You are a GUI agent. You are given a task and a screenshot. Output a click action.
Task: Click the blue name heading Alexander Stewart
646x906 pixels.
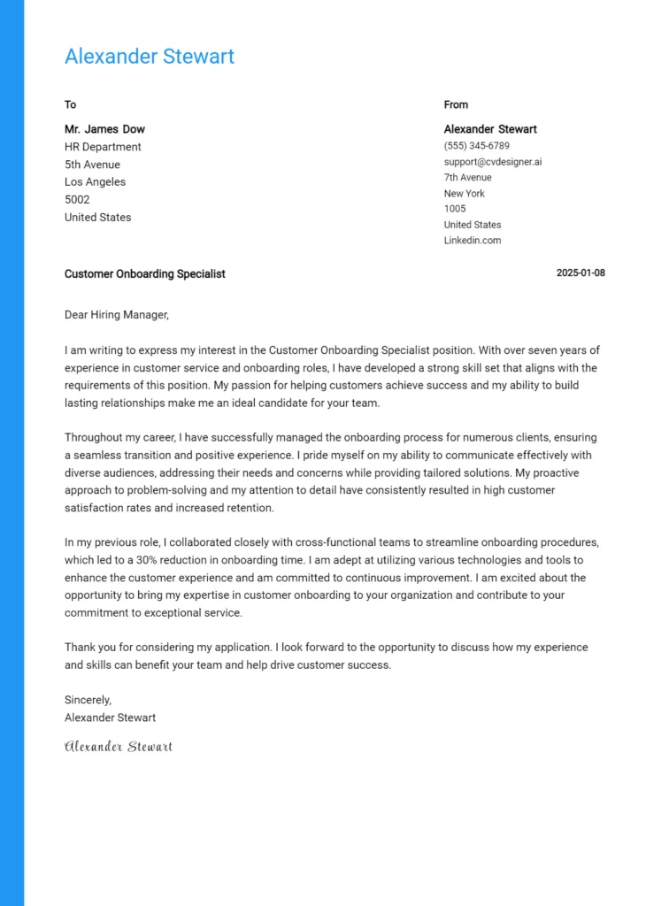coord(149,57)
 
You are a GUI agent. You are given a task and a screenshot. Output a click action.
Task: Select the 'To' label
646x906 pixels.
coord(70,104)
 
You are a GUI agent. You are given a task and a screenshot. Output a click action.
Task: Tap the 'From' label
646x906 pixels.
coord(456,104)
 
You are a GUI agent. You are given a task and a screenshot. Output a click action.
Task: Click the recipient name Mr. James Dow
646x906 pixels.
coord(104,129)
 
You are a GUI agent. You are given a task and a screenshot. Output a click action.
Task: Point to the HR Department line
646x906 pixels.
coord(103,147)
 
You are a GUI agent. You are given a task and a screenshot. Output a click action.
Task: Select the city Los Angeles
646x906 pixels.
coord(95,182)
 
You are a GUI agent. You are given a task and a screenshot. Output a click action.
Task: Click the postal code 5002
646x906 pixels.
coord(77,200)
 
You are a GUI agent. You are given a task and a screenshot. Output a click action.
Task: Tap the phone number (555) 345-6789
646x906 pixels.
coord(476,146)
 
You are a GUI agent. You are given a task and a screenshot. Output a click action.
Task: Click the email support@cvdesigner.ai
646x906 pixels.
coord(492,162)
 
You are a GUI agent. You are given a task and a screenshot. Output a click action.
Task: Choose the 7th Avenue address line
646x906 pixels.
coord(467,178)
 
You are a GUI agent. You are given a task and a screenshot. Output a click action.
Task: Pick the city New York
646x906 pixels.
coord(464,194)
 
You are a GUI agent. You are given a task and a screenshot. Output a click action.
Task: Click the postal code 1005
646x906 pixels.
coord(454,210)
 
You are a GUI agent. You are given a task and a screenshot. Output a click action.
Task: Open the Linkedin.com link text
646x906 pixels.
coord(472,241)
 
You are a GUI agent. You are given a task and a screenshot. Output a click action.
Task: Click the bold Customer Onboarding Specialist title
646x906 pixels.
coord(144,274)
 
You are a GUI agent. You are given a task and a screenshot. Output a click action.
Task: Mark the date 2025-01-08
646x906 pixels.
coord(581,273)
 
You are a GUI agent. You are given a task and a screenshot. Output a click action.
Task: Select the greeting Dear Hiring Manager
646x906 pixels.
coord(116,315)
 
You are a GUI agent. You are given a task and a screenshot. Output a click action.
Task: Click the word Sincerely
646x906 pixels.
coord(88,700)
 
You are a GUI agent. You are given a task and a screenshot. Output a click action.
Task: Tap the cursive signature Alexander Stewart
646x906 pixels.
coord(119,747)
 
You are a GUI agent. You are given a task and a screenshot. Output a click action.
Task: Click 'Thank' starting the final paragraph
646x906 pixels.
coord(80,648)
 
